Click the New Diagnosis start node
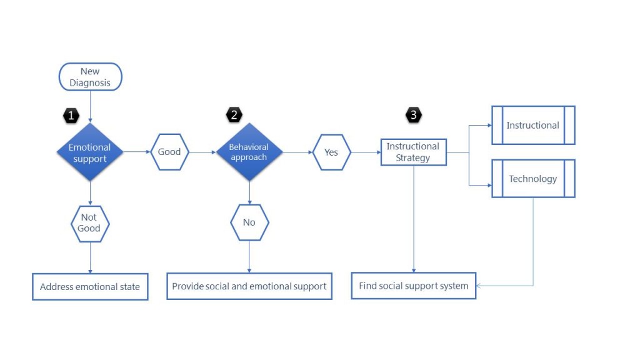tap(90, 77)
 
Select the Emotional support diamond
tap(90, 152)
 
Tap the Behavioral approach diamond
tap(249, 152)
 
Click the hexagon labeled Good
tap(169, 152)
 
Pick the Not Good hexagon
tap(90, 224)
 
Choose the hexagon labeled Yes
tap(331, 152)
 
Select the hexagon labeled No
tap(249, 222)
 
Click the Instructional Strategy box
tap(414, 152)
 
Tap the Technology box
tap(533, 178)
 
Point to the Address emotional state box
tap(90, 286)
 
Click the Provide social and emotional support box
tap(249, 286)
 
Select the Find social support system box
tap(414, 286)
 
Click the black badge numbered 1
tap(71, 116)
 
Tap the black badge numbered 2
tap(234, 115)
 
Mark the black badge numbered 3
tap(414, 115)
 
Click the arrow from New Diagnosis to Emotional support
tap(90, 106)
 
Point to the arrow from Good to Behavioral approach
tap(202, 152)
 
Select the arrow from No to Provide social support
tap(249, 257)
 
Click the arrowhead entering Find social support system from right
tap(479, 286)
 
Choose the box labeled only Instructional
tap(533, 125)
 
